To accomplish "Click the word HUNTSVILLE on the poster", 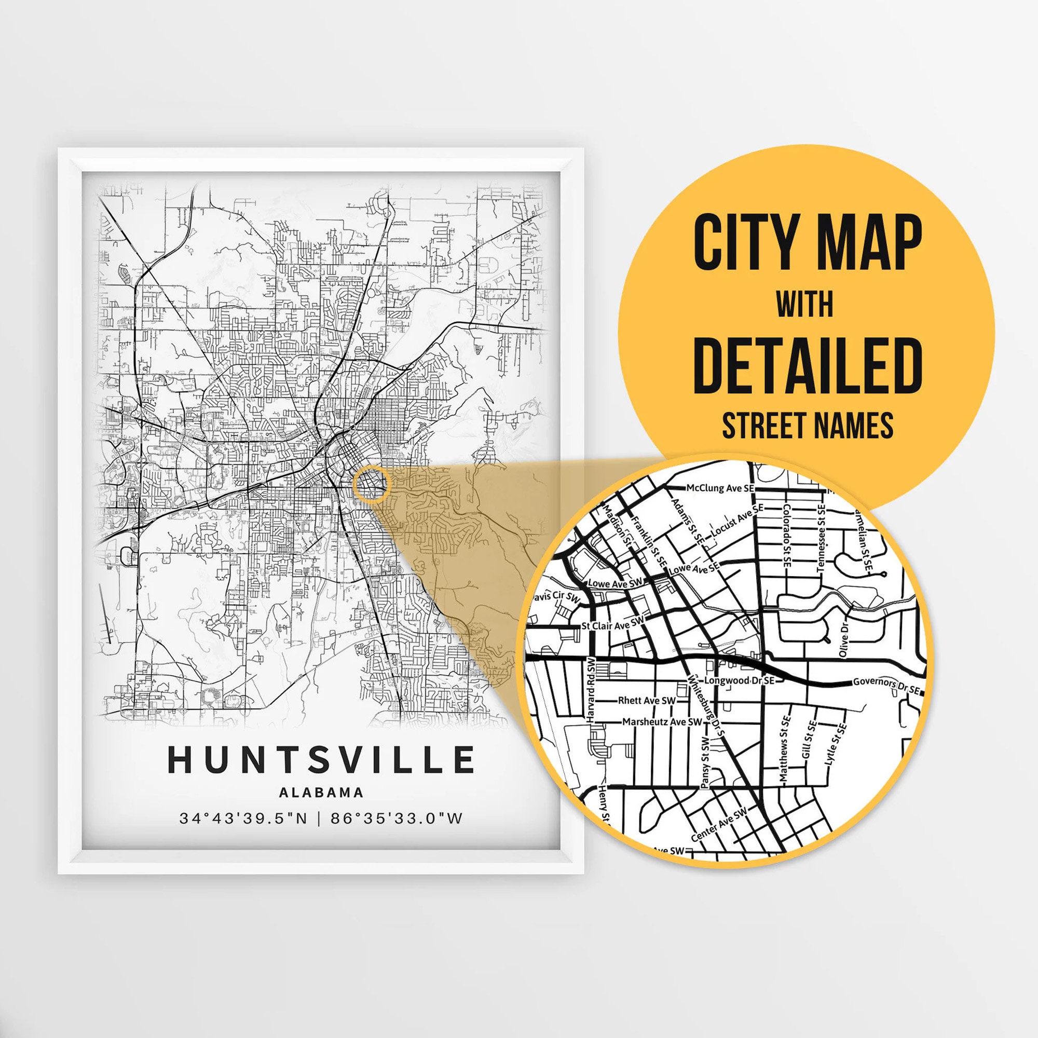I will point(321,759).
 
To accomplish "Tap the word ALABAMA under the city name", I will point(321,793).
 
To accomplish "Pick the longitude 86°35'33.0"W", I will point(397,819).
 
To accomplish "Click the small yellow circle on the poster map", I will point(371,484).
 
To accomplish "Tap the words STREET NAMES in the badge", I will point(808,426).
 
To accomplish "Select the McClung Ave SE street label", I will point(720,488).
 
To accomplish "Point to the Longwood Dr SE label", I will point(739,680).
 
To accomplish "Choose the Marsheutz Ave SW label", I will point(662,721).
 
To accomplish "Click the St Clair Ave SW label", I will point(612,623).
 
